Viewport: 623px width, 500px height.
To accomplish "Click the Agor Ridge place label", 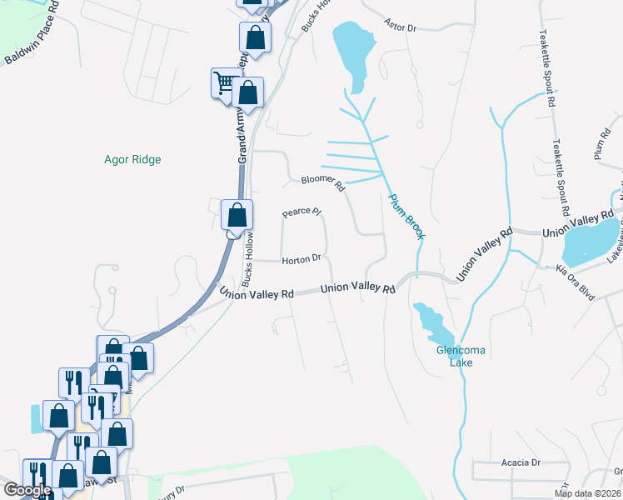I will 132,159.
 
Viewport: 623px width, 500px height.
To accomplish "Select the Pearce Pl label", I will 302,213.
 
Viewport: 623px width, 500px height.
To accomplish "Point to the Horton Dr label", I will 302,259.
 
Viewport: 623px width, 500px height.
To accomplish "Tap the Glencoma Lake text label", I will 461,357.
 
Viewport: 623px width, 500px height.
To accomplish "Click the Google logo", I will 27,490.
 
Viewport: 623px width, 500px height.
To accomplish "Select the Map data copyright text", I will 588,493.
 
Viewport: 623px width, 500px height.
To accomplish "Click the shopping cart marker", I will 224,82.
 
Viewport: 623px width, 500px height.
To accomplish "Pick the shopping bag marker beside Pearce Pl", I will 237,214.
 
